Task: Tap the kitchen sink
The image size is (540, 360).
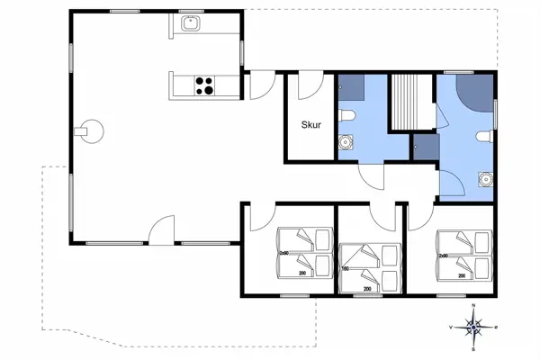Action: point(190,24)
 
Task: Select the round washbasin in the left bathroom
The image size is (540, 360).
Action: point(345,142)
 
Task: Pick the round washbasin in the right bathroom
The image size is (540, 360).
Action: point(486,179)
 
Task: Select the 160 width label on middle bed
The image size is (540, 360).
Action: point(345,267)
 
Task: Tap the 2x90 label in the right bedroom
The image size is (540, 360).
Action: point(444,255)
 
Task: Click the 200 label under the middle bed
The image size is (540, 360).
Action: point(367,289)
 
